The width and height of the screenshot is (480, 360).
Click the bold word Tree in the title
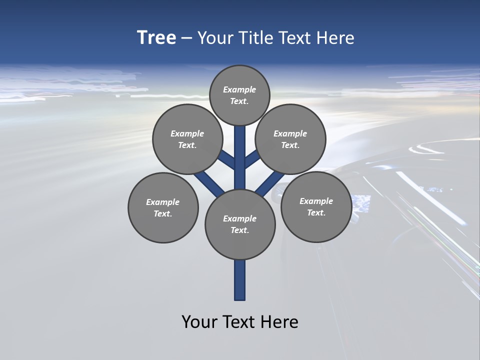156,38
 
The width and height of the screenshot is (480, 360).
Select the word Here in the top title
335,38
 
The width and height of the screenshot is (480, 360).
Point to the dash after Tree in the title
187,38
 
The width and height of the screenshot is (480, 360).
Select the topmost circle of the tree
239,95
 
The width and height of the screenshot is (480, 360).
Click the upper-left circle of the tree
187,139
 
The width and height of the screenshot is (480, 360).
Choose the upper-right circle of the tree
290,139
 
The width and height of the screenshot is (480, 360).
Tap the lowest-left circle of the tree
163,207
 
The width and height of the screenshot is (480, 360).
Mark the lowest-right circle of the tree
316,206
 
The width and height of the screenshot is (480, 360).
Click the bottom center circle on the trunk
240,224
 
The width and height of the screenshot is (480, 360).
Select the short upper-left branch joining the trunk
228,160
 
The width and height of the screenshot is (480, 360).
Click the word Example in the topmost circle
239,90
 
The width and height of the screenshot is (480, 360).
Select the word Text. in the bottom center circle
239,230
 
